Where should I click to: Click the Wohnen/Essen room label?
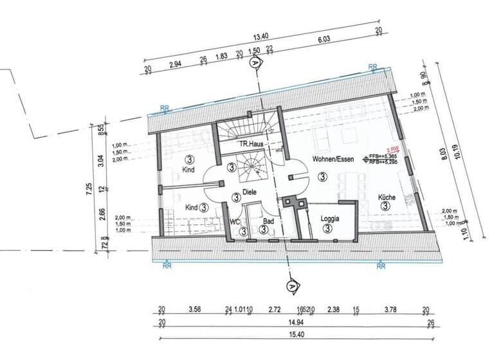pos(331,158)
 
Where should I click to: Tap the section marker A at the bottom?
pos(291,285)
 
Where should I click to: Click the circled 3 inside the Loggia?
pos(327,228)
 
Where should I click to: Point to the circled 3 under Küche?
pos(385,206)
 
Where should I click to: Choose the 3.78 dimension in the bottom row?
pos(390,309)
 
